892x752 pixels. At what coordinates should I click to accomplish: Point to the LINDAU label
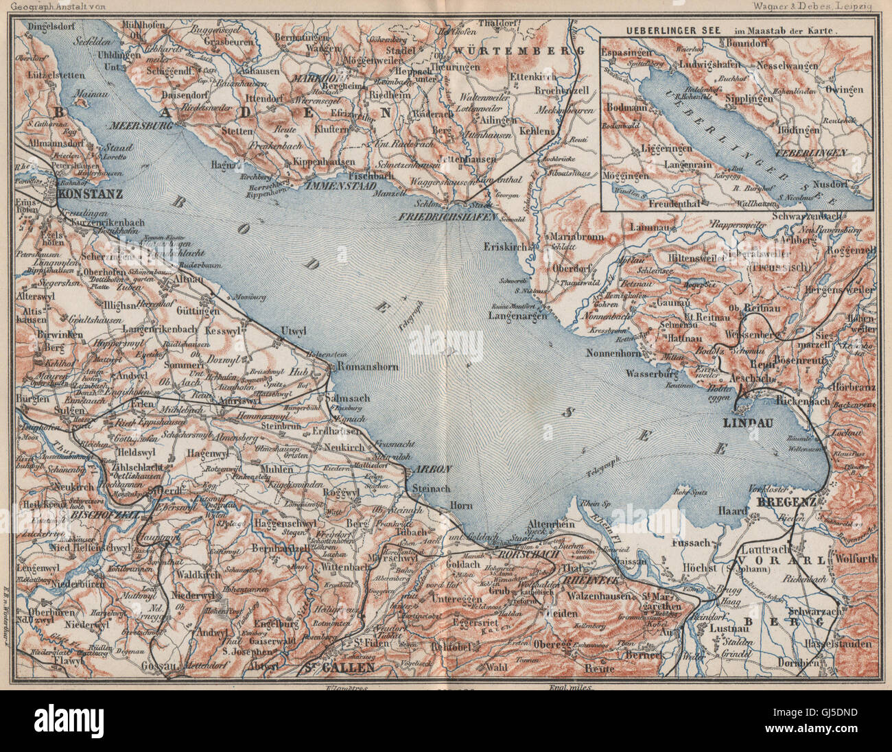click(x=749, y=423)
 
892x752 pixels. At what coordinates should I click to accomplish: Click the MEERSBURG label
click(x=138, y=126)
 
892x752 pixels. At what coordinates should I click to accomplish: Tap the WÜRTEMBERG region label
click(x=517, y=51)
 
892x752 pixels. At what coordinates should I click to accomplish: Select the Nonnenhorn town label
click(x=618, y=353)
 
